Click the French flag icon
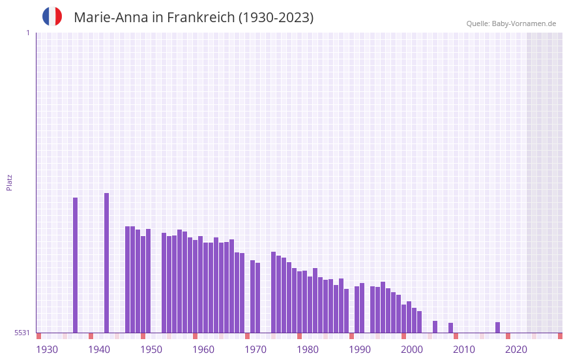pos(52,16)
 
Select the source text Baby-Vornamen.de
pos(523,23)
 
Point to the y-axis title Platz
pos(9,182)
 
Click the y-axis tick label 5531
pos(22,333)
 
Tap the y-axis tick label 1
pos(27,33)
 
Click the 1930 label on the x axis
pos(47,350)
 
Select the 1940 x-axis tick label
pos(99,350)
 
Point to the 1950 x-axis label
pos(151,350)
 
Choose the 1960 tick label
pos(203,350)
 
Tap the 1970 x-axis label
pos(255,350)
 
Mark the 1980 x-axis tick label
pos(308,350)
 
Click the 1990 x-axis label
pos(360,350)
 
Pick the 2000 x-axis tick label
pos(412,350)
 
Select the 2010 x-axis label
pos(464,350)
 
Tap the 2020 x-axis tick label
pos(516,350)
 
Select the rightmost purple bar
pos(497,327)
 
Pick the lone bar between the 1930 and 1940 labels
pos(75,265)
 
